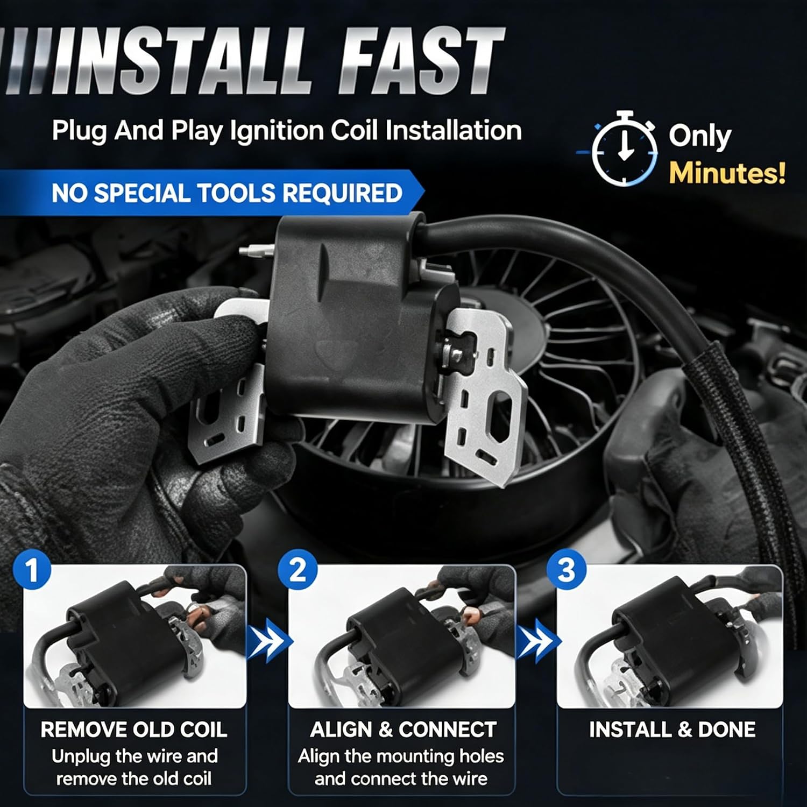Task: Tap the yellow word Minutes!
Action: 727,174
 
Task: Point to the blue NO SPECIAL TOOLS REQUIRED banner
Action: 212,193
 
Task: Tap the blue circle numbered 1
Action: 32,570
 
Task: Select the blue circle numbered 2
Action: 298,570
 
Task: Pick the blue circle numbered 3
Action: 566,570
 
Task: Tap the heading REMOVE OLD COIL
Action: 134,730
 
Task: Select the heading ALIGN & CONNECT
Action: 402,730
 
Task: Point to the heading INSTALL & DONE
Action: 672,730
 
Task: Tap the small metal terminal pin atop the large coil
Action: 257,250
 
